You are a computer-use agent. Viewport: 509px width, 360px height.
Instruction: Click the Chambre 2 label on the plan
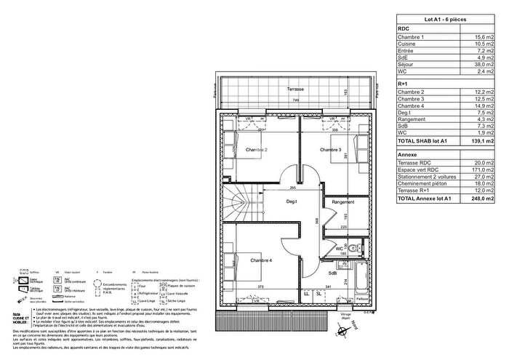point(257,150)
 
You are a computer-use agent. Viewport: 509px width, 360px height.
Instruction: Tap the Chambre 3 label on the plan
point(331,150)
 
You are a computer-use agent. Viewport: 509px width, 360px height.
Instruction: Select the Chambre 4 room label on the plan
point(261,260)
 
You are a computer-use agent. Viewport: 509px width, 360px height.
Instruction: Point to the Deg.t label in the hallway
point(291,201)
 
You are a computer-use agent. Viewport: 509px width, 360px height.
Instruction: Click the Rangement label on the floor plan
point(342,201)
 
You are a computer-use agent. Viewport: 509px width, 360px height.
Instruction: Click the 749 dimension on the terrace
point(297,100)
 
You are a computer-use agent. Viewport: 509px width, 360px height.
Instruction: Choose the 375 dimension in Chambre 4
point(260,287)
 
